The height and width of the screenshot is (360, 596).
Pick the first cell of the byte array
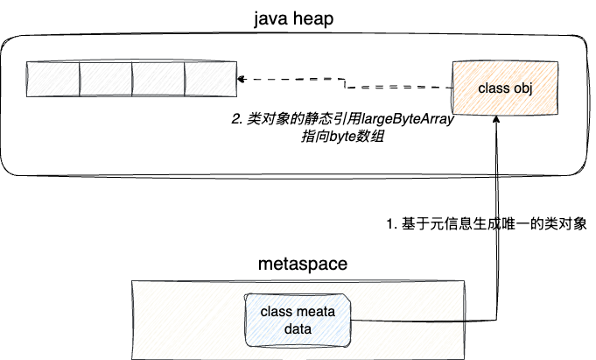(53, 80)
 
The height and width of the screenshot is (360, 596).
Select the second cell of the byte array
(105, 80)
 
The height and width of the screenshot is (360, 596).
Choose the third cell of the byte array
(158, 80)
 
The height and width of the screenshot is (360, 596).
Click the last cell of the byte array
(210, 80)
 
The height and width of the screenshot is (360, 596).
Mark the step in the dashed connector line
(347, 84)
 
